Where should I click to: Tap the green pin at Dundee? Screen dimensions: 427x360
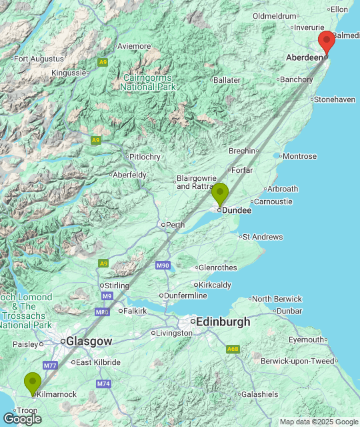click(x=219, y=194)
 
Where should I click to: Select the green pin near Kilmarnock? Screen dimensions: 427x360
click(x=32, y=383)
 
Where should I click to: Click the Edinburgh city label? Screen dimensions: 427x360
click(x=221, y=322)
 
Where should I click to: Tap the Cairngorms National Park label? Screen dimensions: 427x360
click(x=149, y=82)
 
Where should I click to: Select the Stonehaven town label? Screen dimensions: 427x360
click(x=334, y=99)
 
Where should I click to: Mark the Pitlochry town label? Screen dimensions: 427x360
click(x=144, y=157)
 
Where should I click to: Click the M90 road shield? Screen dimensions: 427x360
click(x=163, y=266)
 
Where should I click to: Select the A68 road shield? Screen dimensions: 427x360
click(x=232, y=348)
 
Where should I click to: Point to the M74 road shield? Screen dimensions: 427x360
click(x=103, y=384)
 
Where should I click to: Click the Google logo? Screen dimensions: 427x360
click(x=22, y=418)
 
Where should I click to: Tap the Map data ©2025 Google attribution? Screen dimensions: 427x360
click(x=318, y=422)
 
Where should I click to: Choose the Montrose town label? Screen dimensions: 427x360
click(x=299, y=156)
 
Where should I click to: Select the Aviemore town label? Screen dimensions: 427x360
click(x=133, y=46)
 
